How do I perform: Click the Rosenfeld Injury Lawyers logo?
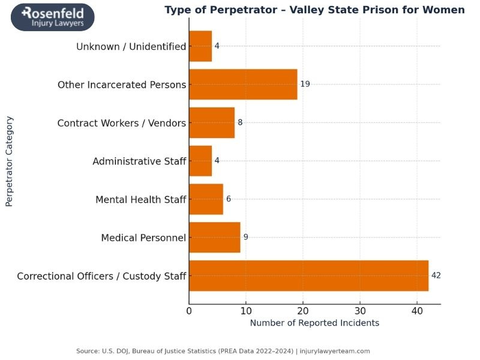point(53,17)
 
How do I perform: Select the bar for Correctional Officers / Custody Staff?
point(308,275)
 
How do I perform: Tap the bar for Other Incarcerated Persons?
point(243,84)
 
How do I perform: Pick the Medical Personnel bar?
point(214,237)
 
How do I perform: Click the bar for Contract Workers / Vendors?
point(211,122)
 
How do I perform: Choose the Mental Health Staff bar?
point(206,199)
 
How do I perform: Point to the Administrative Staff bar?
point(200,161)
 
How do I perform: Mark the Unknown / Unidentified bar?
point(200,46)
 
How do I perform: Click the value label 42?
point(436,275)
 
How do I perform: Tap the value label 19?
point(305,84)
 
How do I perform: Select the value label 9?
point(245,237)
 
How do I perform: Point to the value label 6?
point(229,199)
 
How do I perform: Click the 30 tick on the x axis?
point(360,311)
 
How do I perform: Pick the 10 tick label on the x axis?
point(246,311)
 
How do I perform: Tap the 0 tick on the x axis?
point(189,311)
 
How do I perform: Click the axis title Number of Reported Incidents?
point(314,323)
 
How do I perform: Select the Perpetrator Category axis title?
point(9,161)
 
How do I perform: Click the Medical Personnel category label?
point(143,238)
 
